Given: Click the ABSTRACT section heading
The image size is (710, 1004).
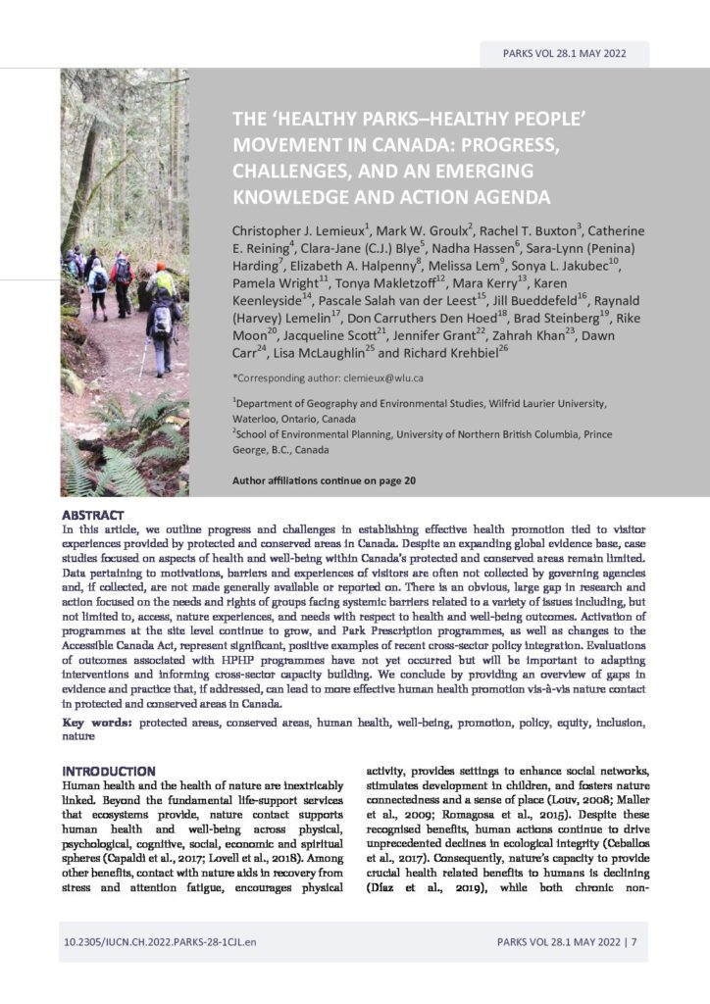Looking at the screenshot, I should (x=92, y=515).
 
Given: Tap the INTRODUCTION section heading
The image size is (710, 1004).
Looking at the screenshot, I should (x=109, y=771).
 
